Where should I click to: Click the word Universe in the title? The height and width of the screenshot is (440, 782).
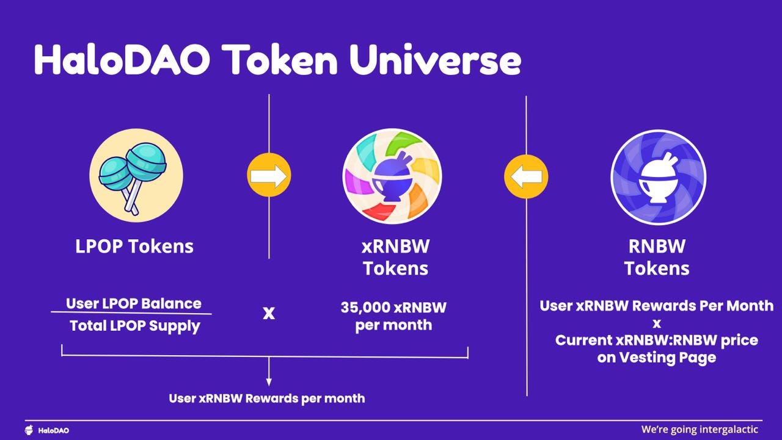point(435,60)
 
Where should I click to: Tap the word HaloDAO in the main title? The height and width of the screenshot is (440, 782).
point(122,59)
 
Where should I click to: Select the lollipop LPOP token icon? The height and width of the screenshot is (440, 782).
point(136,175)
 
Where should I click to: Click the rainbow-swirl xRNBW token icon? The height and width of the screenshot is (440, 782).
point(392,176)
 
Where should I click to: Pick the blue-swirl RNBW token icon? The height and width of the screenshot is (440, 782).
point(659,177)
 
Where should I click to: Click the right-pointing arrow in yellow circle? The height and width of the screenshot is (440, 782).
point(269,175)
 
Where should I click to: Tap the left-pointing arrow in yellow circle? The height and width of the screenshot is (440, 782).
point(526,176)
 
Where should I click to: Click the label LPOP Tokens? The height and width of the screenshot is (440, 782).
point(134,246)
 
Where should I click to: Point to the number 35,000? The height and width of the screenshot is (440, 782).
point(365,308)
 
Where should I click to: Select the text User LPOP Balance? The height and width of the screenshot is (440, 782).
point(133,304)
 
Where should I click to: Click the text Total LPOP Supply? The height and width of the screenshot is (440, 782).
point(135,326)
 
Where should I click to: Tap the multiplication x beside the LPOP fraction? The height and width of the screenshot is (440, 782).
point(269,313)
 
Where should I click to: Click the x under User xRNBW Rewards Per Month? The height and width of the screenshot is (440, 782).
point(657,324)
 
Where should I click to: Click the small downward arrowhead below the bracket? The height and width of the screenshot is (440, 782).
point(269,382)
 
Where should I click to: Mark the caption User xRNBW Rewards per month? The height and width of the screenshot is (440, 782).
point(267,399)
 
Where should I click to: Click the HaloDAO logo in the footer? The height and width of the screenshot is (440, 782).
point(47,430)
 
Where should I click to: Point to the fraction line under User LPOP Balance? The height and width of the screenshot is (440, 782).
point(131,312)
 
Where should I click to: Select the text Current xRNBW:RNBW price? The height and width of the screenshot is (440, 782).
point(657,340)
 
